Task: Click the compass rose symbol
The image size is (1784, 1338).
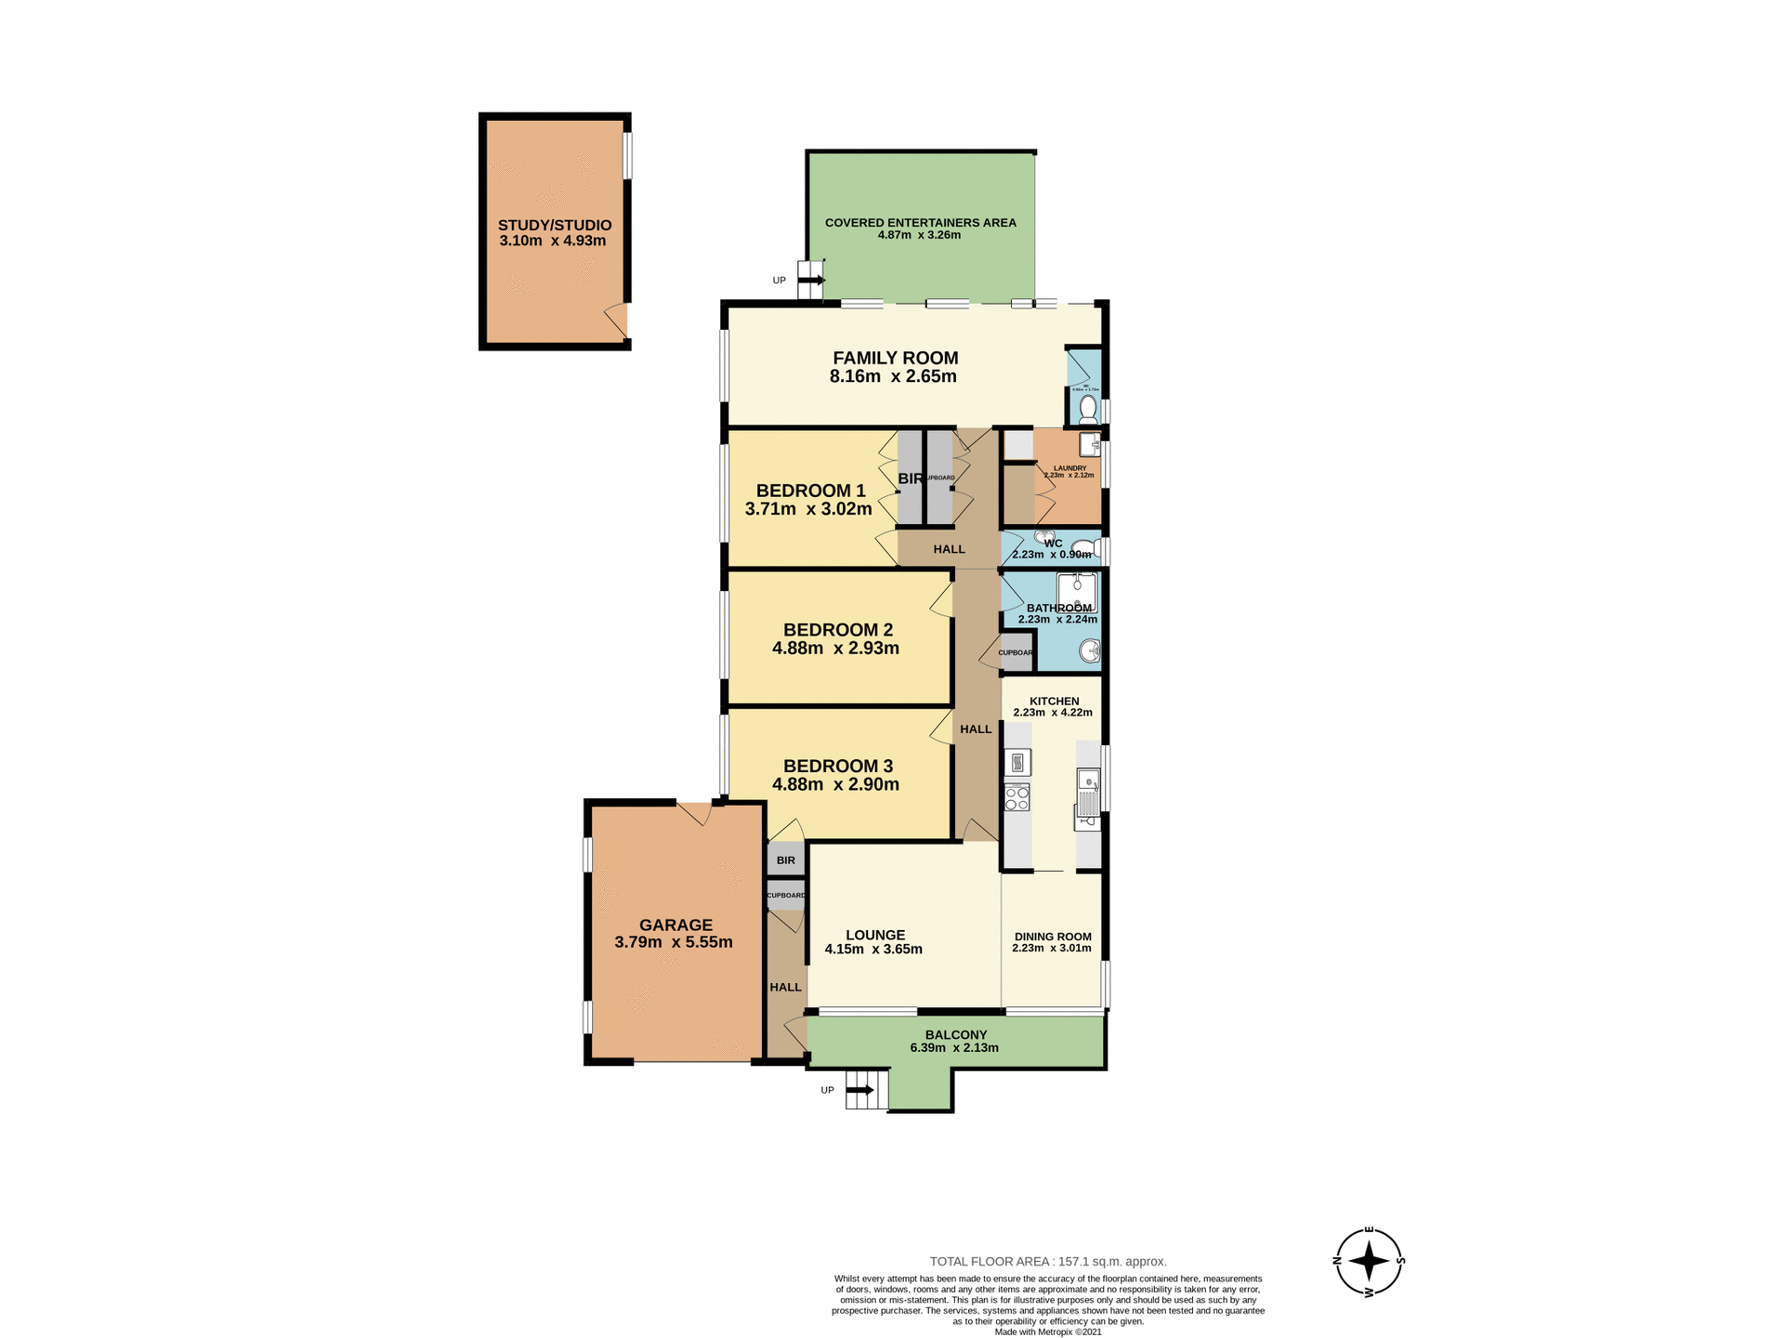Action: [x=1369, y=1261]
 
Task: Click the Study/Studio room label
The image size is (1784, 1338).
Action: [x=555, y=225]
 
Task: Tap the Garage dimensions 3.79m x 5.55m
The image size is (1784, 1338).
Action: [x=674, y=942]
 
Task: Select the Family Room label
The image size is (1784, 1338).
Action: [x=895, y=358]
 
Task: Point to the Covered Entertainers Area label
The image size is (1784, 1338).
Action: [x=920, y=222]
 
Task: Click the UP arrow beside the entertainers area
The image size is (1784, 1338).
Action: [x=811, y=280]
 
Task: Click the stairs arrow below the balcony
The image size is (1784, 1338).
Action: [x=859, y=1090]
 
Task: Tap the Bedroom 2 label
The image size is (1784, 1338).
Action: [x=837, y=629]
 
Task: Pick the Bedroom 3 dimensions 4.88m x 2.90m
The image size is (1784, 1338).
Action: [x=835, y=784]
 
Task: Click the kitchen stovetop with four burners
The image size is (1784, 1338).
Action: [x=1017, y=797]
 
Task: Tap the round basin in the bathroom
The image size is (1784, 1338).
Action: [x=1090, y=651]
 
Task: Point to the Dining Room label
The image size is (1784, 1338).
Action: [x=1053, y=937]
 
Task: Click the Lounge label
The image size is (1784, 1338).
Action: [x=875, y=935]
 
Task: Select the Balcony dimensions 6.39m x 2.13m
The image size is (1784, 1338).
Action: [x=954, y=1048]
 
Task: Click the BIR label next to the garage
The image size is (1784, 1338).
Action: [x=786, y=860]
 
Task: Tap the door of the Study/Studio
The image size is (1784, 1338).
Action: [x=617, y=320]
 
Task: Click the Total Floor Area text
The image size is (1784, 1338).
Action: [x=1048, y=1261]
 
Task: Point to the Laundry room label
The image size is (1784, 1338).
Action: [x=1069, y=468]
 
